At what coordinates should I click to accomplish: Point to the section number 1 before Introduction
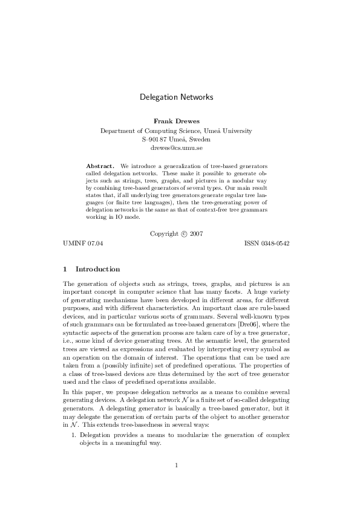pyautogui.click(x=65, y=269)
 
